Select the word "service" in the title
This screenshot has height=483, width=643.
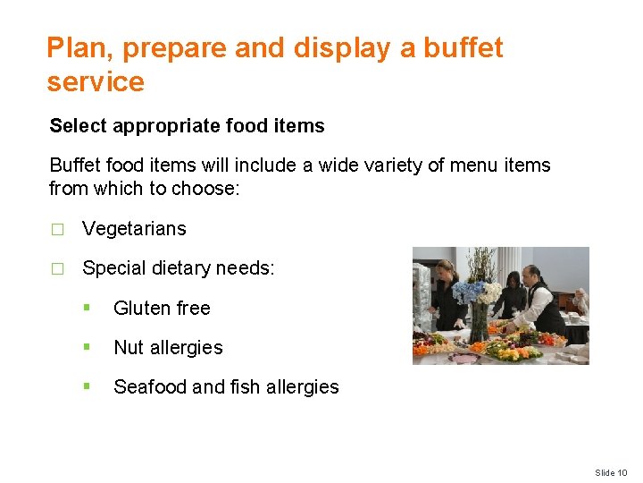[96, 82]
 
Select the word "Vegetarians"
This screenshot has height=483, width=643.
[134, 229]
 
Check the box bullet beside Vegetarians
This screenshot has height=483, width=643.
[57, 229]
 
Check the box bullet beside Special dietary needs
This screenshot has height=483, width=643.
[57, 268]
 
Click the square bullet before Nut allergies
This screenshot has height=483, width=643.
[87, 347]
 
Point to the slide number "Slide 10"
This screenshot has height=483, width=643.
[612, 472]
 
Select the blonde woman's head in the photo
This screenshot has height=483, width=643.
[443, 270]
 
